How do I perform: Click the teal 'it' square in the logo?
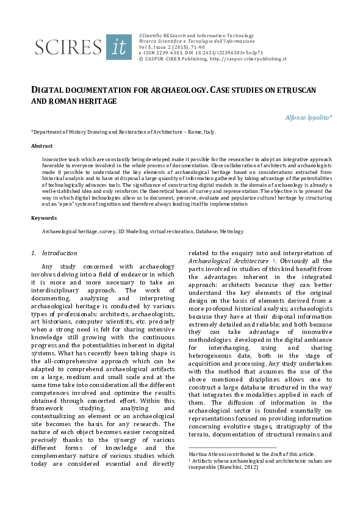(x=118, y=46)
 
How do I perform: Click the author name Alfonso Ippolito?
(x=307, y=117)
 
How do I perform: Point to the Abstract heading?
(x=41, y=147)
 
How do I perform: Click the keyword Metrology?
(x=231, y=232)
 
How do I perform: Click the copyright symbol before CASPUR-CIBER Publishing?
(x=142, y=59)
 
